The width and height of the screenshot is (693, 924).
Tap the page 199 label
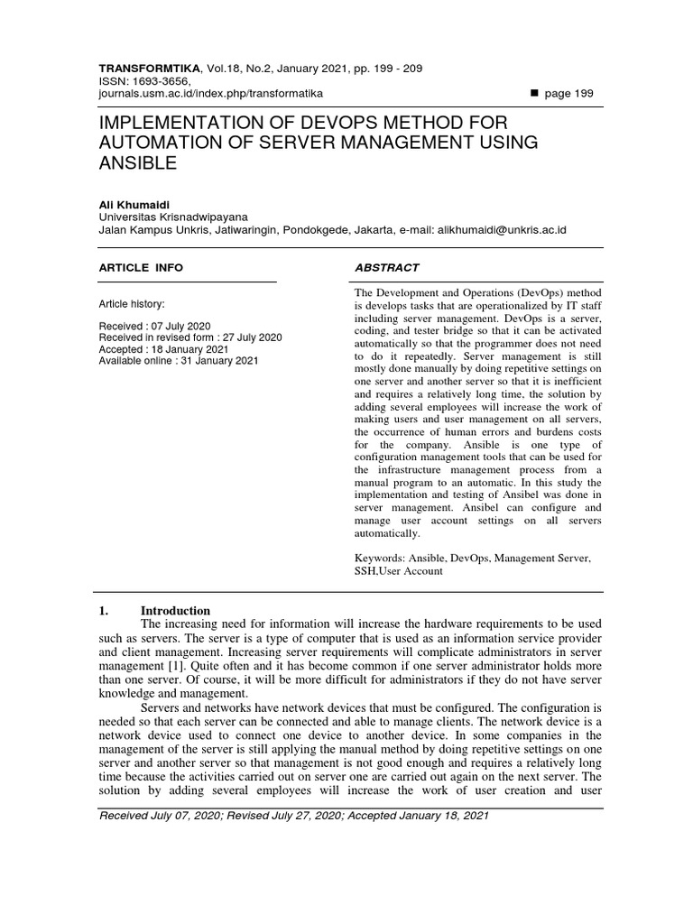570,94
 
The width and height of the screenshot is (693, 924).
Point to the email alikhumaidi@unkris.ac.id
503,230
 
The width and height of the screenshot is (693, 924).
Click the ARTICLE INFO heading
140,267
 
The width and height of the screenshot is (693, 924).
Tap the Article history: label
131,305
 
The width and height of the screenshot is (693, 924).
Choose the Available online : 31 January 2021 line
179,360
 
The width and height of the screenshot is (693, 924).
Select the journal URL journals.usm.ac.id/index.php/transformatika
211,93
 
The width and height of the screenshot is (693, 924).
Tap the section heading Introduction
175,611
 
